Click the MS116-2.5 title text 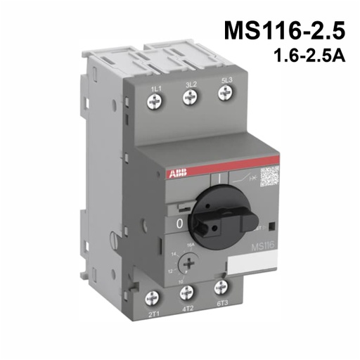pos(285,32)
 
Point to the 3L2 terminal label pos(190,85)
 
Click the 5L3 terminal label pos(226,82)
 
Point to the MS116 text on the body pos(262,246)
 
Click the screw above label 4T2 pos(188,291)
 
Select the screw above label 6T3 pos(222,286)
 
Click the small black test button pos(271,226)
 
